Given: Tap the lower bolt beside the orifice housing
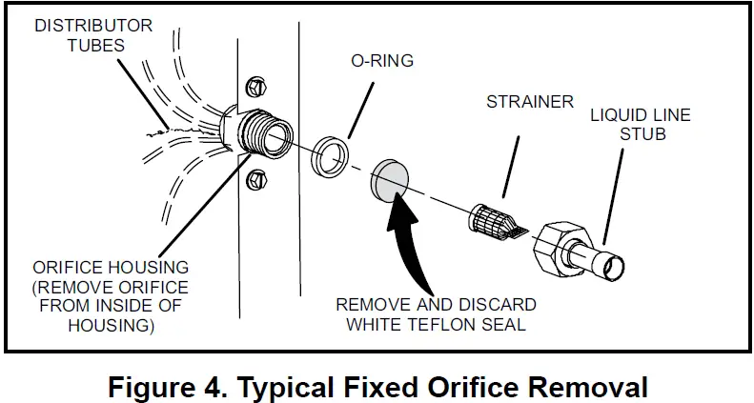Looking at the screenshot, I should [x=255, y=179].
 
